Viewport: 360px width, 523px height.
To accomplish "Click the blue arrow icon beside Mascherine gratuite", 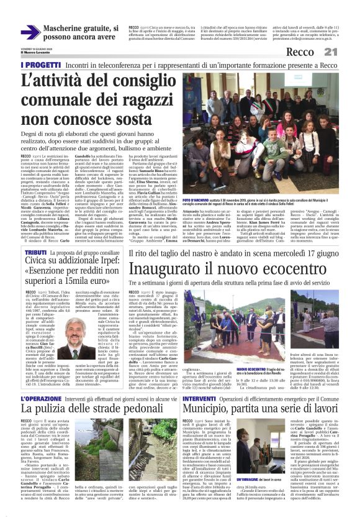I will click(30, 32).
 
